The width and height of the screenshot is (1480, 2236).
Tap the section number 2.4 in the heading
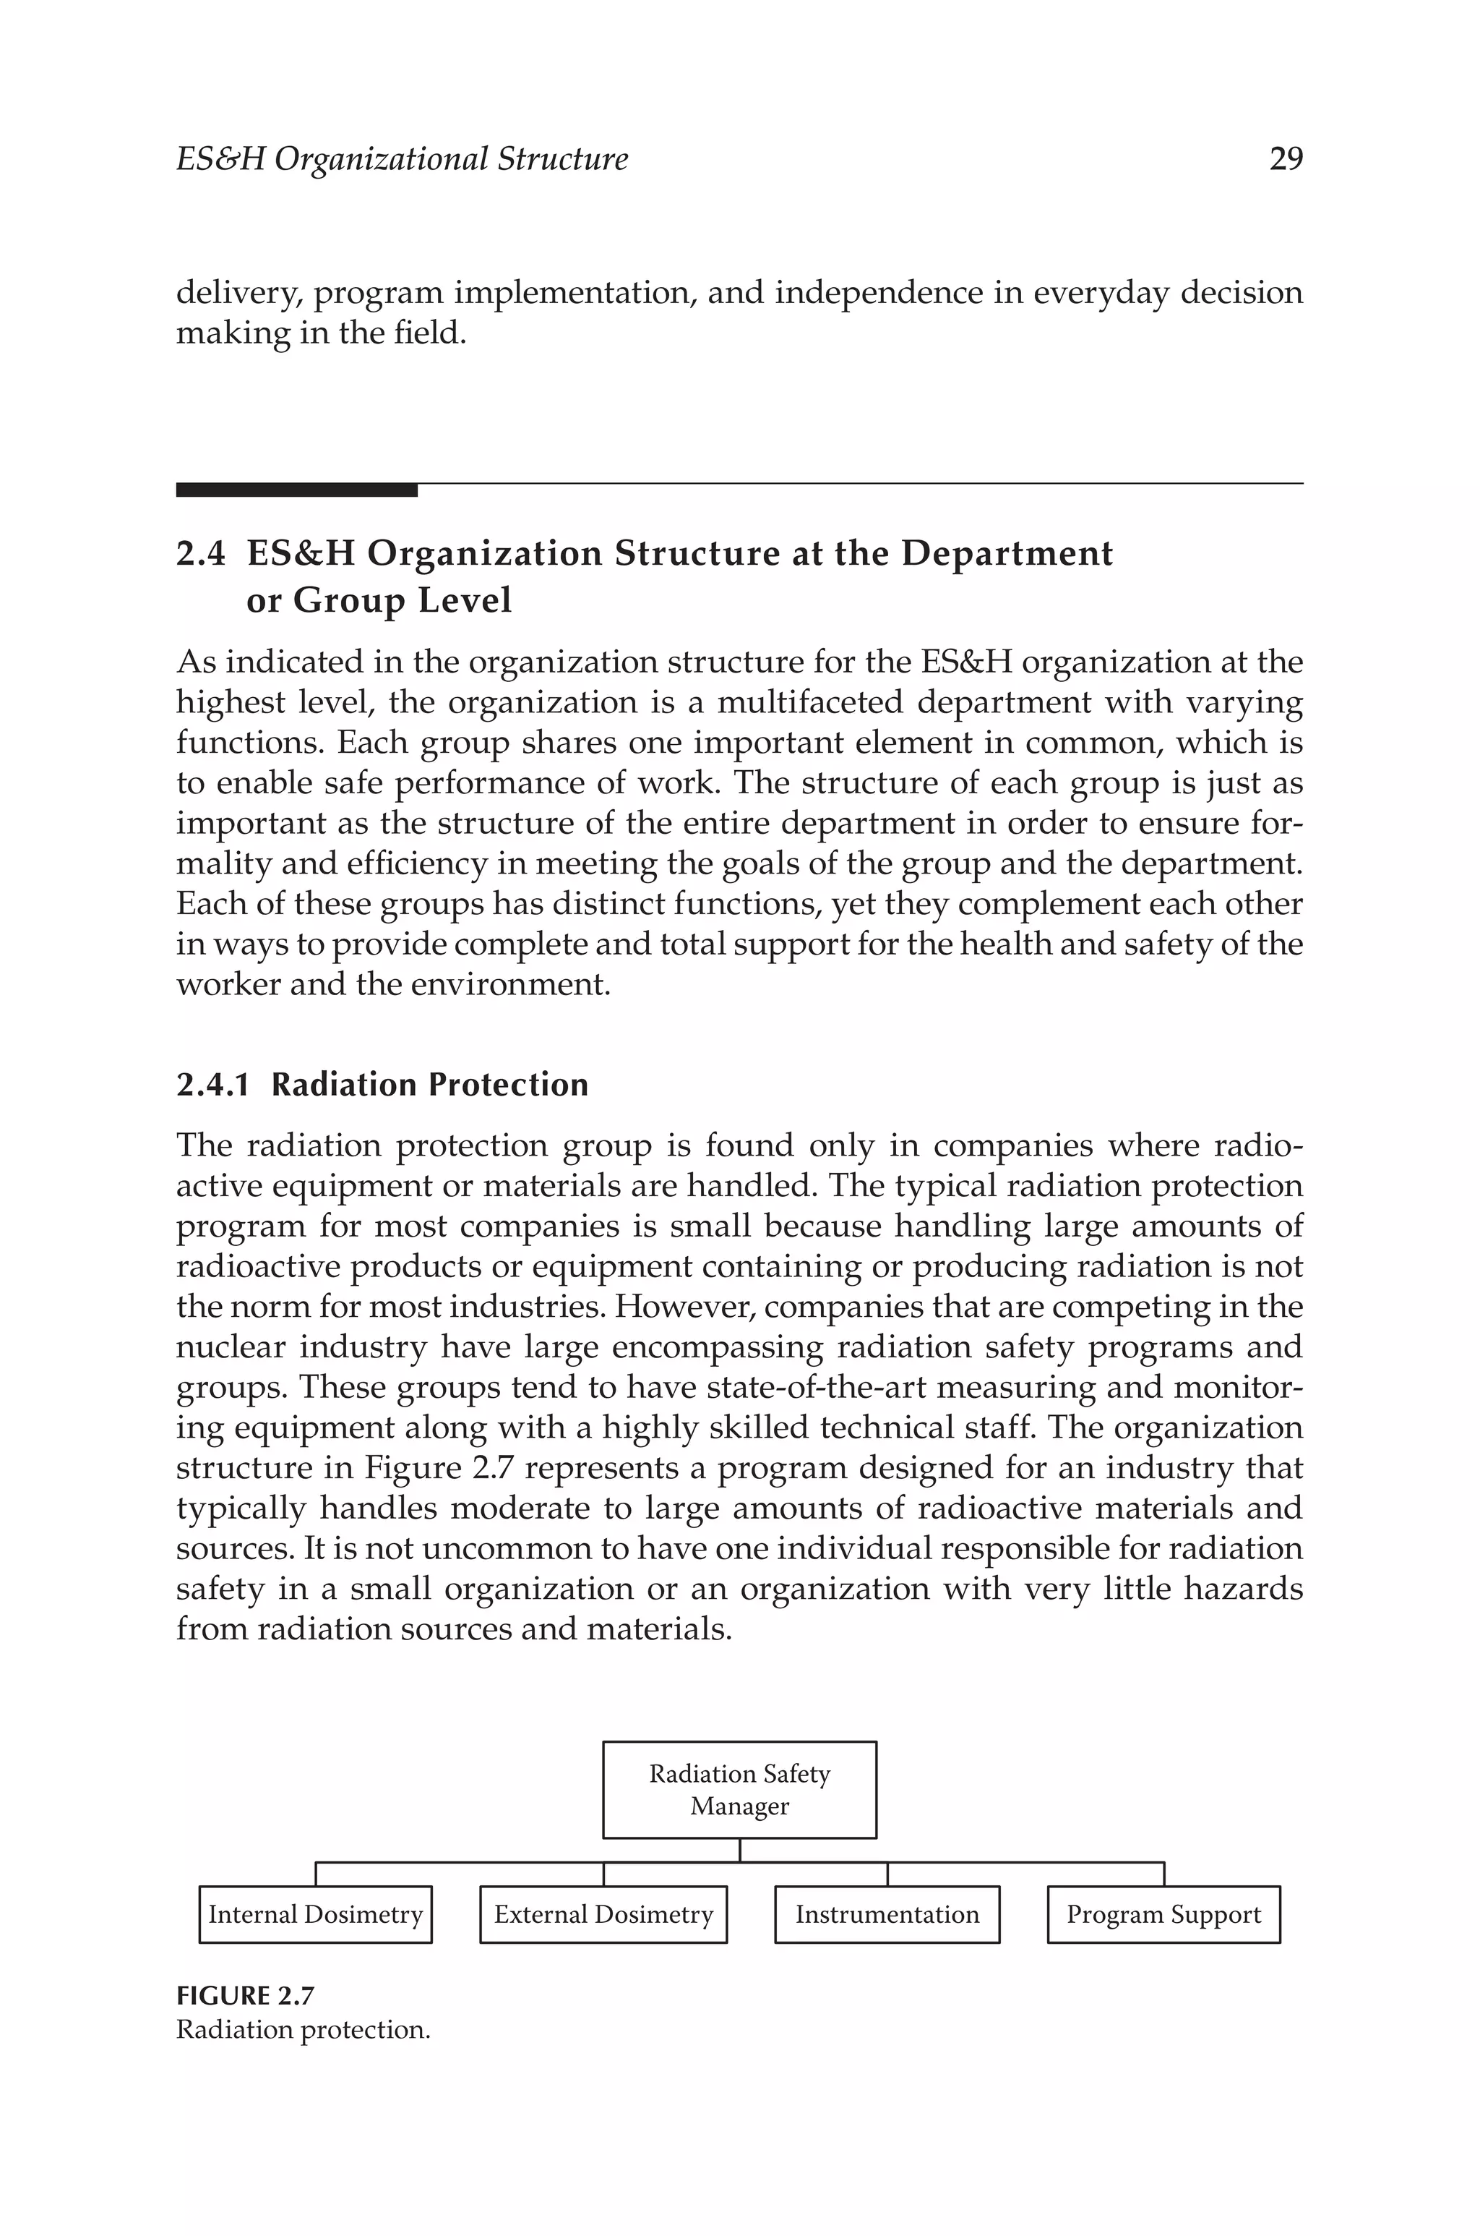coord(200,554)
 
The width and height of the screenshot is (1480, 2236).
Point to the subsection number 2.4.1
coord(213,1085)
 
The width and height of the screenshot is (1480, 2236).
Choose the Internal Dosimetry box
coord(315,1915)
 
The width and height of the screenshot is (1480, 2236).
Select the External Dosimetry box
coord(603,1915)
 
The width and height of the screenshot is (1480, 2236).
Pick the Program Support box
coord(1163,1915)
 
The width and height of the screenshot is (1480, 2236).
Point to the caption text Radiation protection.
coord(303,2029)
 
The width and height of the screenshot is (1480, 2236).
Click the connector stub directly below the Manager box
coord(739,1850)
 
